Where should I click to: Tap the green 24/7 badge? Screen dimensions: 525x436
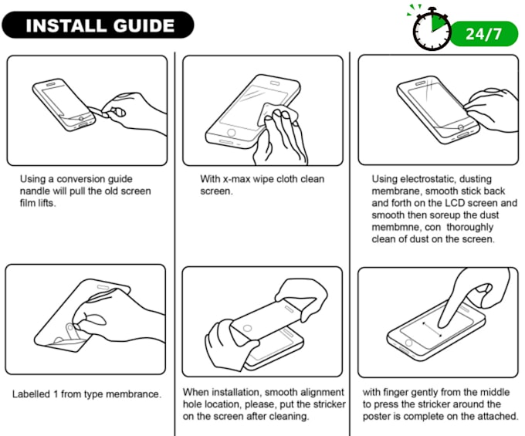pyautogui.click(x=484, y=34)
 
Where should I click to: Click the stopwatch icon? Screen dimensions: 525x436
pyautogui.click(x=432, y=29)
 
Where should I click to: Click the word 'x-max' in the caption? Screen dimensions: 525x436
pyautogui.click(x=236, y=179)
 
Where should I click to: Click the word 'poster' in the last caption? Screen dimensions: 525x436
pyautogui.click(x=376, y=417)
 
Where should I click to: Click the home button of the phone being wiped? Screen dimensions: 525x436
pyautogui.click(x=231, y=132)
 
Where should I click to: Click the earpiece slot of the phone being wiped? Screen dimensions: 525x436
pyautogui.click(x=275, y=83)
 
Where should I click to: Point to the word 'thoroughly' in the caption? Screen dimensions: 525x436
pyautogui.click(x=469, y=227)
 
